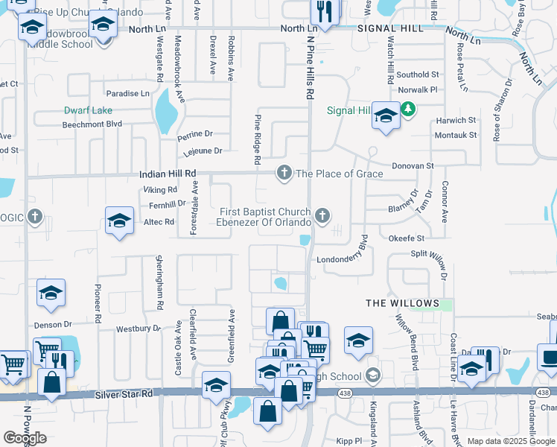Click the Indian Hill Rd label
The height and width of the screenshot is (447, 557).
coord(168,174)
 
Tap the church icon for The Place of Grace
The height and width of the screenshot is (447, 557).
coord(284,173)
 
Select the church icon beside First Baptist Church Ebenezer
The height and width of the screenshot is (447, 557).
coord(322,216)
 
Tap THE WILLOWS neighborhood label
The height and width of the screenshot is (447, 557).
coord(402,303)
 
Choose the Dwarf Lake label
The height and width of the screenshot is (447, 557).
coord(87,110)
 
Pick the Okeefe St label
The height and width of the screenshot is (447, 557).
coord(406,238)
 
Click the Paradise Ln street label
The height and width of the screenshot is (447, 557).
coord(127,94)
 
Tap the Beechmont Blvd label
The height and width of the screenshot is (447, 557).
coord(92,124)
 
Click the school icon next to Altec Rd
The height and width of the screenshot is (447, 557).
coord(119,221)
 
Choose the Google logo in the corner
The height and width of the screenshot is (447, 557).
coord(25,438)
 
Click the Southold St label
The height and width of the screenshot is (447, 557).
coord(417,74)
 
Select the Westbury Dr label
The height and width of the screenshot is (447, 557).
coord(139,329)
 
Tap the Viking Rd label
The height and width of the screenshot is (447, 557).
coord(161,190)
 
